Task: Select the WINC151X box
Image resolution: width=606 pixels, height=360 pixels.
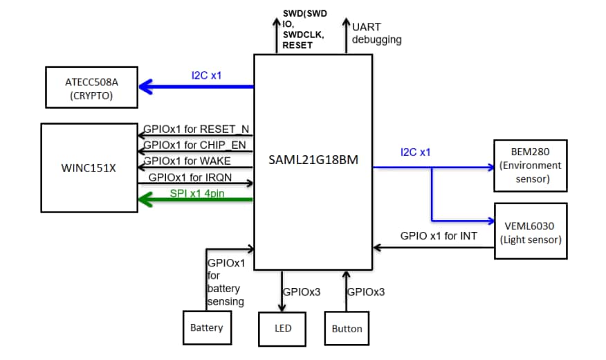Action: click(x=89, y=167)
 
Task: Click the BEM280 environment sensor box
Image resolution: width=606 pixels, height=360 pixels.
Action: click(x=529, y=165)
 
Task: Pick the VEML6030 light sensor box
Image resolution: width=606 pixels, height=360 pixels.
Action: click(x=530, y=231)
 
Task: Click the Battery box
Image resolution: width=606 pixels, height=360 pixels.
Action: click(x=206, y=327)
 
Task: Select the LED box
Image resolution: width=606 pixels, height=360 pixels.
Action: click(x=282, y=328)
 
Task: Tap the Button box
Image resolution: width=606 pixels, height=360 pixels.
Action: click(x=347, y=328)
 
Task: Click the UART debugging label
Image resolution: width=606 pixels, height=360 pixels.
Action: click(x=376, y=33)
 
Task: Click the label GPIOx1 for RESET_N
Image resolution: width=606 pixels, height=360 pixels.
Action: click(x=196, y=129)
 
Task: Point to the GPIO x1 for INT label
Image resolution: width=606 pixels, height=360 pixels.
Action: click(x=439, y=236)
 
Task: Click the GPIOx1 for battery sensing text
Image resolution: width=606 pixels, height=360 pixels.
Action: click(x=226, y=282)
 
